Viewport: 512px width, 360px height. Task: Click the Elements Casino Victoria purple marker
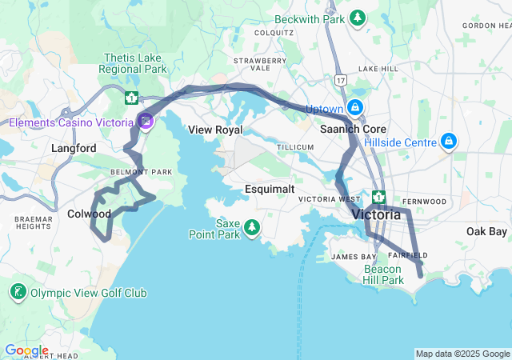145,122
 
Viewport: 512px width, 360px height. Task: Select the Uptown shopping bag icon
355,108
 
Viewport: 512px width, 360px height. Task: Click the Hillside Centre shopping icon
450,142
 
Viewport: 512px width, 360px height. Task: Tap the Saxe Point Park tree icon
252,228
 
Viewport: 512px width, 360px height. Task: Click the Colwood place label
89,214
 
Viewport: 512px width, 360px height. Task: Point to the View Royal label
215,130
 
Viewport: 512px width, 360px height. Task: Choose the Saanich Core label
353,129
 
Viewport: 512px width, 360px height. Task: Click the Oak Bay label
486,231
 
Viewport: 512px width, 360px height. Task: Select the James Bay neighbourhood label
348,257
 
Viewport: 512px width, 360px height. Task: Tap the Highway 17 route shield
341,80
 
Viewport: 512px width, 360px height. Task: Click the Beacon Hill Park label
383,274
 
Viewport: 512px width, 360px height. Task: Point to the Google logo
26,350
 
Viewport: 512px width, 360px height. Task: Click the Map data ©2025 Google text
462,354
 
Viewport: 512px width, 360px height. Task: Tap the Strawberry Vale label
259,65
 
